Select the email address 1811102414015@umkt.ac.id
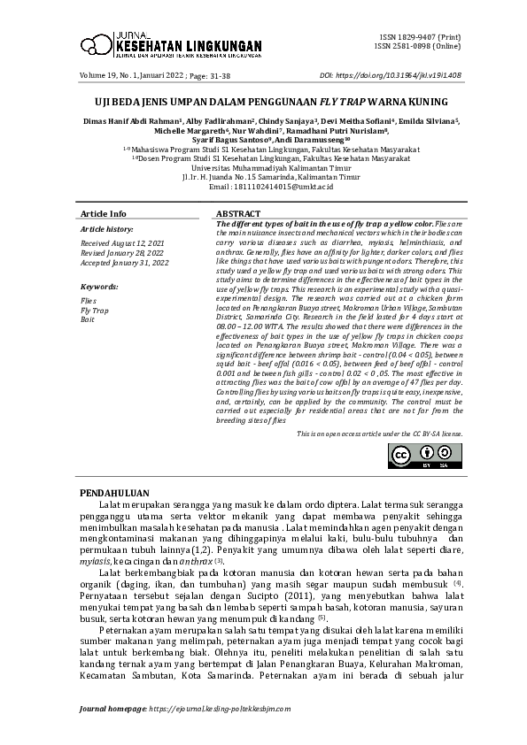[x=264, y=188]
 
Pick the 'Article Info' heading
[x=104, y=214]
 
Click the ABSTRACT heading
[x=238, y=214]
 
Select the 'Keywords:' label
[x=99, y=288]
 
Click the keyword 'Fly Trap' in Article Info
[x=95, y=311]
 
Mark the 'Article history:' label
[x=105, y=229]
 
